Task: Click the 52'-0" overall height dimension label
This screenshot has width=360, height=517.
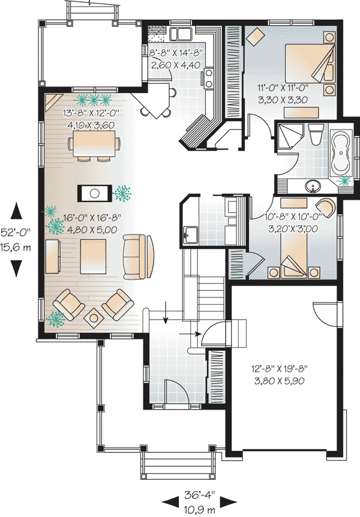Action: (17, 230)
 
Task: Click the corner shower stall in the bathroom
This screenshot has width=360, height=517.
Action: (286, 137)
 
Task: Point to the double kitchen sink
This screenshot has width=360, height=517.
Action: (181, 32)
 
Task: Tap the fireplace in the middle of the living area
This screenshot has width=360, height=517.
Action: (94, 193)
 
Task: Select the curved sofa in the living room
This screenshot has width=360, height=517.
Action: (138, 256)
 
